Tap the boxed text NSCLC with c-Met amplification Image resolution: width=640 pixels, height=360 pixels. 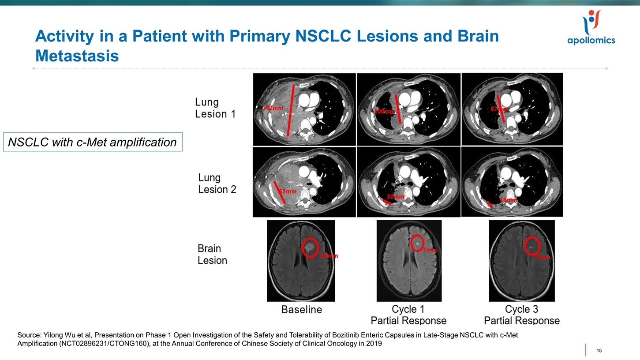(x=93, y=142)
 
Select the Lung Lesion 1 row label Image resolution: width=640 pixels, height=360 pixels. (x=215, y=108)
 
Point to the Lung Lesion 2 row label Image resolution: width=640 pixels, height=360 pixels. (x=217, y=184)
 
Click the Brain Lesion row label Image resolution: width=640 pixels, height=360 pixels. (x=212, y=255)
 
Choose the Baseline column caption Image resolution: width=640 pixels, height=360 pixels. (x=302, y=310)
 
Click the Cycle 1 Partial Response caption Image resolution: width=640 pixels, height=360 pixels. (x=408, y=315)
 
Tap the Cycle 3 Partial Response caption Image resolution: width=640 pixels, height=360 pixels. (x=521, y=315)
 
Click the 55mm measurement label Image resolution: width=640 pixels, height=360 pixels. (x=288, y=191)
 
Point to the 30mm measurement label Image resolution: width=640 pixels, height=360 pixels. (x=395, y=196)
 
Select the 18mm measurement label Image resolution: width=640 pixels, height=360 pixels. (x=509, y=200)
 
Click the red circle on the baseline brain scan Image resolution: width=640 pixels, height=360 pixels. (x=310, y=247)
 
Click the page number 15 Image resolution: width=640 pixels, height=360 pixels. (x=599, y=351)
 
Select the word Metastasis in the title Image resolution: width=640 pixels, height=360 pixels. (x=77, y=56)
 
